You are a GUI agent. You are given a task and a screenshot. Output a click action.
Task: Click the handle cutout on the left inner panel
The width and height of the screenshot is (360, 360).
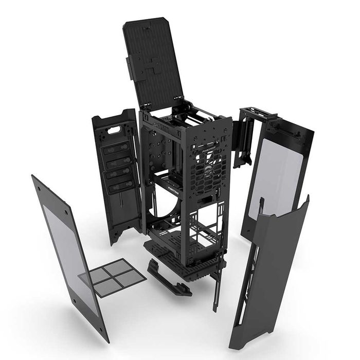pos(115,127)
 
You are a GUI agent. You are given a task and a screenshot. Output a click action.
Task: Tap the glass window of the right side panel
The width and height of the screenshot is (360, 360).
pos(275,177)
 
